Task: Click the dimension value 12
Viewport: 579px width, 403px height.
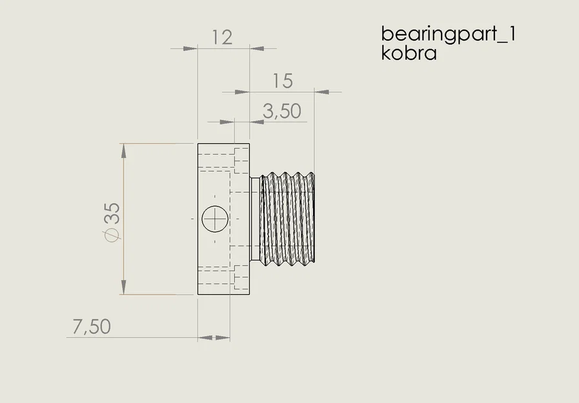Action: click(x=221, y=37)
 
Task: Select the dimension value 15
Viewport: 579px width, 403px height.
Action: click(x=282, y=81)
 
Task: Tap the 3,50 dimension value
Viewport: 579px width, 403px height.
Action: click(x=282, y=112)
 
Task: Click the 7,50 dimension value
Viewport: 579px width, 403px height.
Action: click(x=91, y=326)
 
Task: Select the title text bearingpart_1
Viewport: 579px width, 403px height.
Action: click(x=448, y=33)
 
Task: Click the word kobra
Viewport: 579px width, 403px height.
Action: click(x=409, y=53)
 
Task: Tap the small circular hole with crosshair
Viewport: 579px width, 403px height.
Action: click(x=214, y=219)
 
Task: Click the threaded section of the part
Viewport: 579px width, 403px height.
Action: click(x=288, y=219)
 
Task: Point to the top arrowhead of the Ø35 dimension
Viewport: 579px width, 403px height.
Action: click(x=123, y=150)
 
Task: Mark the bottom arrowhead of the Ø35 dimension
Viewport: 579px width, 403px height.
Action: click(x=123, y=288)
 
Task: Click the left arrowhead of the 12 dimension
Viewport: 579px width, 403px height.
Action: click(x=189, y=48)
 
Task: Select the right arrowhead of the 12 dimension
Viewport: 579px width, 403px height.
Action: click(x=257, y=48)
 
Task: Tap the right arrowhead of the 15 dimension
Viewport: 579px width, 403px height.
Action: click(x=321, y=92)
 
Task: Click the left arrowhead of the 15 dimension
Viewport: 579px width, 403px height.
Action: click(x=242, y=92)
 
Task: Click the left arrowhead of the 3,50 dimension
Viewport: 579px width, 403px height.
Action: click(x=226, y=121)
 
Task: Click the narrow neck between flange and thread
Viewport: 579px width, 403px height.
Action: click(x=254, y=219)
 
